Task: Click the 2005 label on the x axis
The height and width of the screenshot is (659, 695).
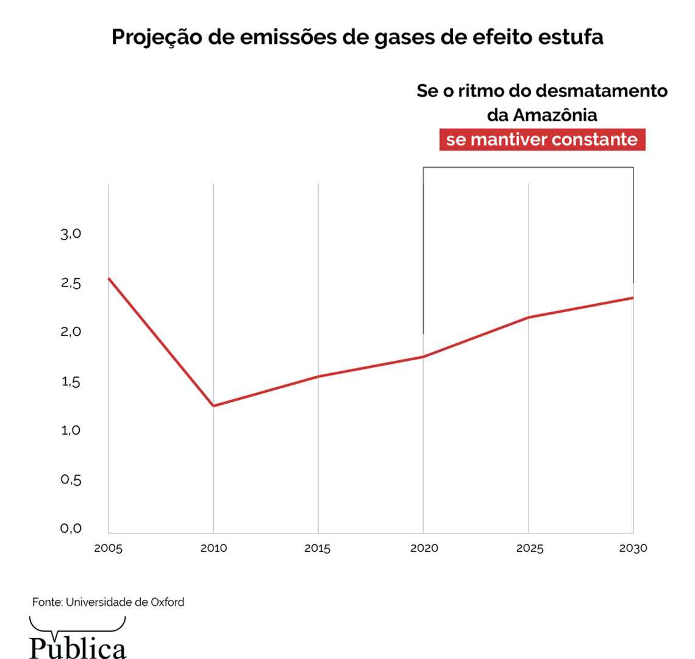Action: coord(108,549)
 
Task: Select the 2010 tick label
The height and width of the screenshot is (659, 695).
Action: coord(213,549)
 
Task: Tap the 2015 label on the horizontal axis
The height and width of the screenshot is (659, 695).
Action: coord(318,549)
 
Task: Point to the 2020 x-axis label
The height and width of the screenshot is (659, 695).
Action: coord(424,549)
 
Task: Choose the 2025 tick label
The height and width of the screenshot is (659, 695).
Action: coord(529,549)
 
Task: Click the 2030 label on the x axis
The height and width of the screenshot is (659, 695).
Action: coord(633,549)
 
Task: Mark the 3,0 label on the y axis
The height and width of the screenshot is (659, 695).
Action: coord(71,234)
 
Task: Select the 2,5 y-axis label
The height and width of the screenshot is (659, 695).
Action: coord(71,283)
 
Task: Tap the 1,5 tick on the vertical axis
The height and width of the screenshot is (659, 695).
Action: coord(71,382)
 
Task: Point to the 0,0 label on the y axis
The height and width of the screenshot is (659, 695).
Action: coord(71,529)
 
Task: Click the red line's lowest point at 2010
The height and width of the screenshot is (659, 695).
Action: coord(213,405)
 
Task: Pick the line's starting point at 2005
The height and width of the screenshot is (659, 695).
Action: coord(109,279)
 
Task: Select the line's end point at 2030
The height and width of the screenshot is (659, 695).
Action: coord(633,297)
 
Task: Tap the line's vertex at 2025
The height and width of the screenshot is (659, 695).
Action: coord(529,317)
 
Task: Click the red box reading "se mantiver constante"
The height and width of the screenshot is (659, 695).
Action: coord(542,140)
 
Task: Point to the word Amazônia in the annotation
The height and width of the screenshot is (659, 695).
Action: coord(555,115)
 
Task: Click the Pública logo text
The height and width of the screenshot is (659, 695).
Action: coord(78,646)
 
